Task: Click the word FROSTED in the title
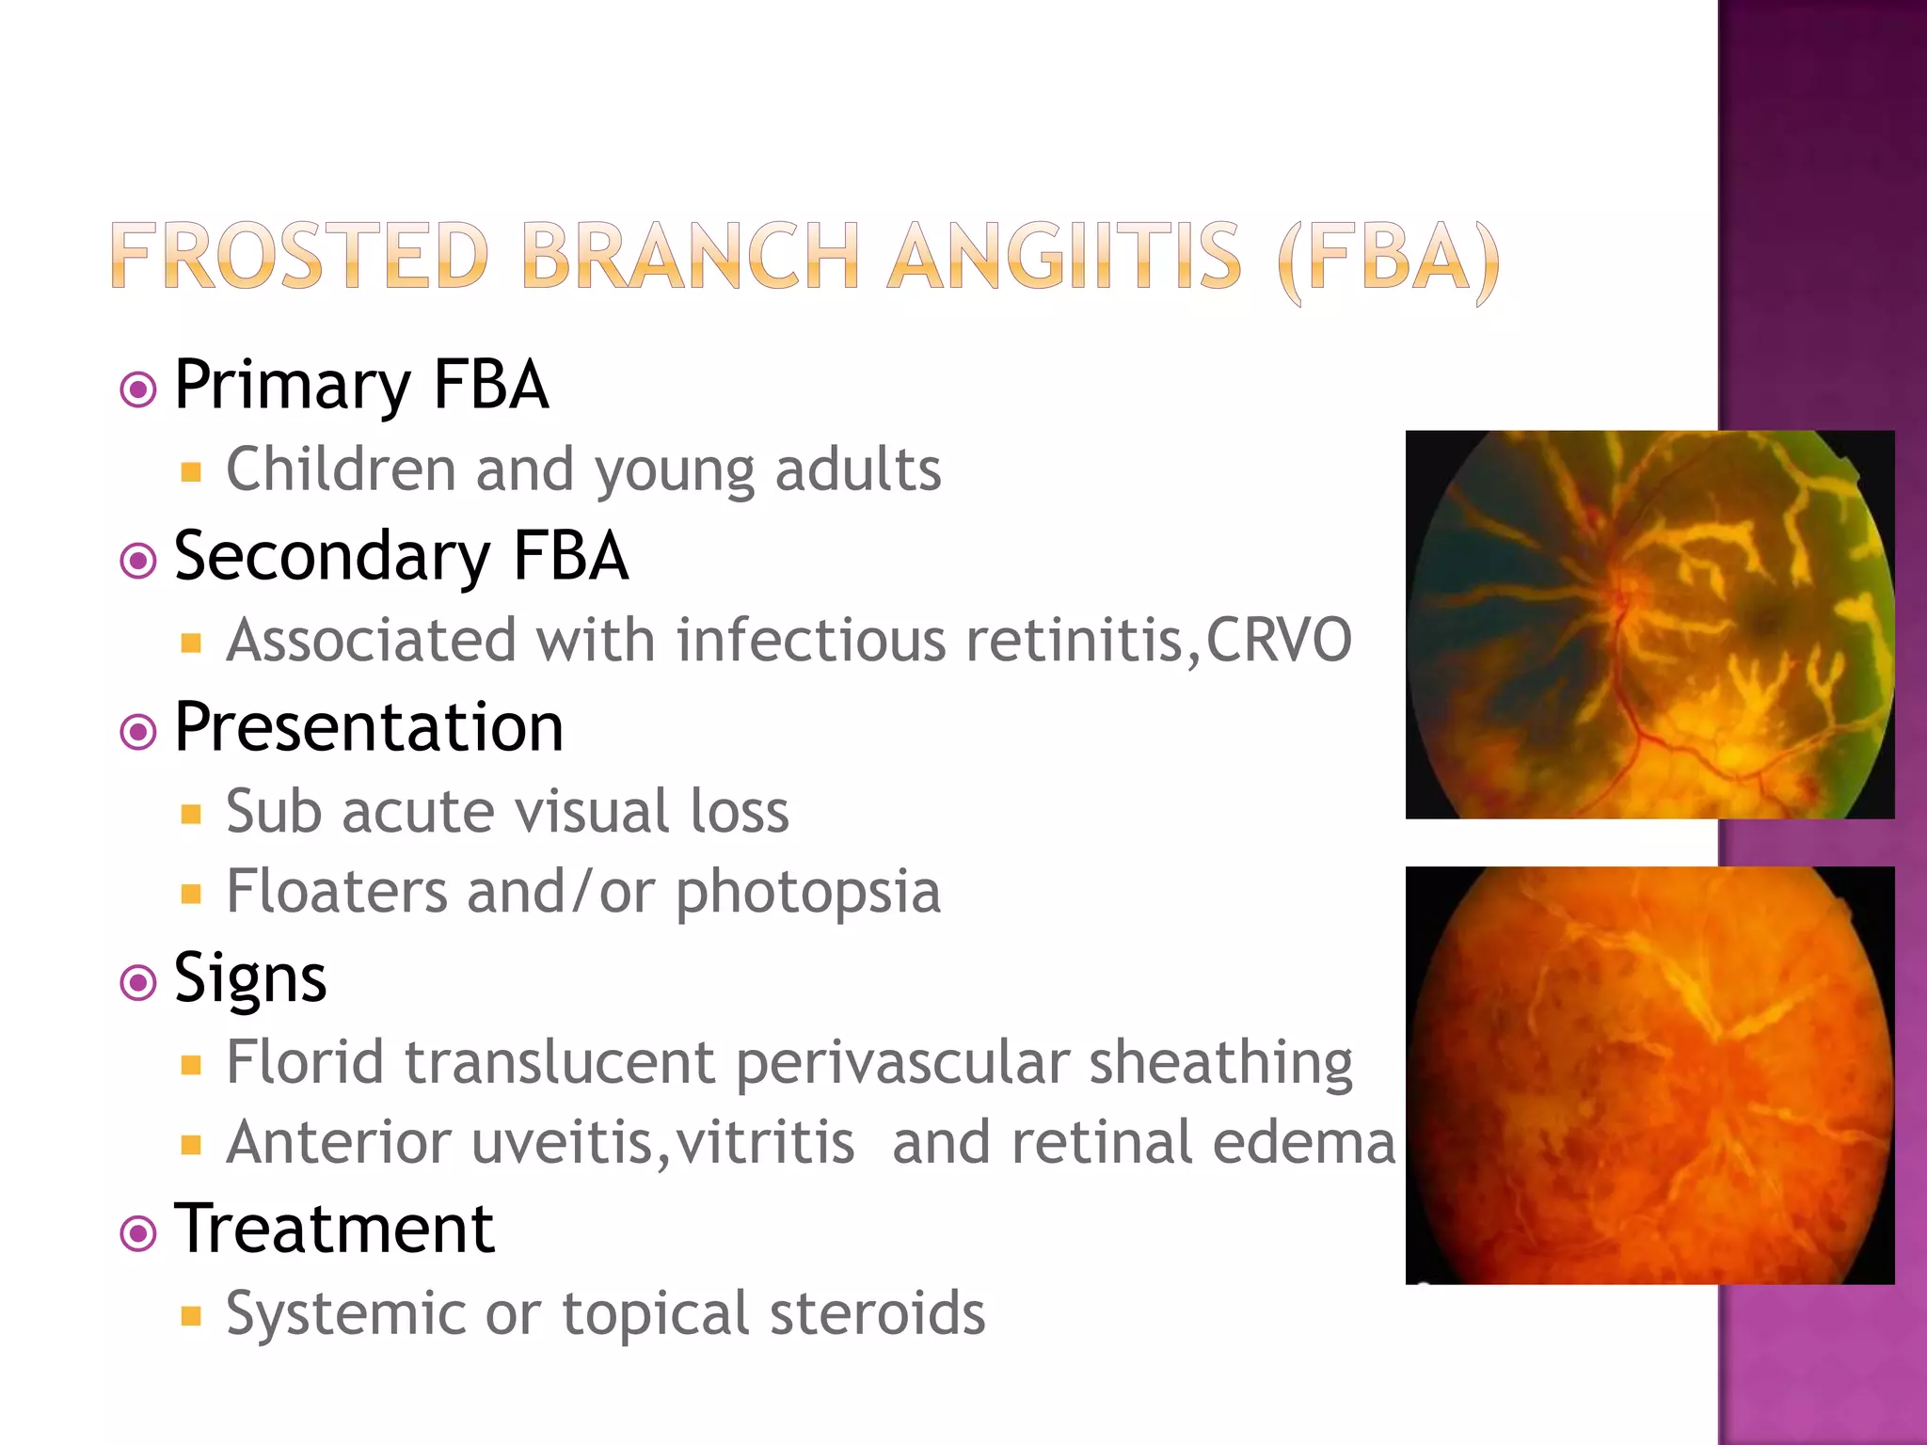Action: click(x=299, y=256)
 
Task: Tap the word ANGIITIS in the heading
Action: click(x=1064, y=256)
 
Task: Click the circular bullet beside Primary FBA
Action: click(x=138, y=389)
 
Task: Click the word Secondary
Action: click(x=332, y=557)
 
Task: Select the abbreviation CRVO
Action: click(x=1280, y=640)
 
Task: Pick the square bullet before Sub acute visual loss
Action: click(x=192, y=814)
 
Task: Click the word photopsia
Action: click(x=807, y=892)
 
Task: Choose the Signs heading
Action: click(x=250, y=978)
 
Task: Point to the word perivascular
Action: click(x=901, y=1063)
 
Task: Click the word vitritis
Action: click(x=764, y=1142)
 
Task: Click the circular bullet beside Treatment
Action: click(x=138, y=1232)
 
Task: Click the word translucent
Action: click(x=560, y=1063)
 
